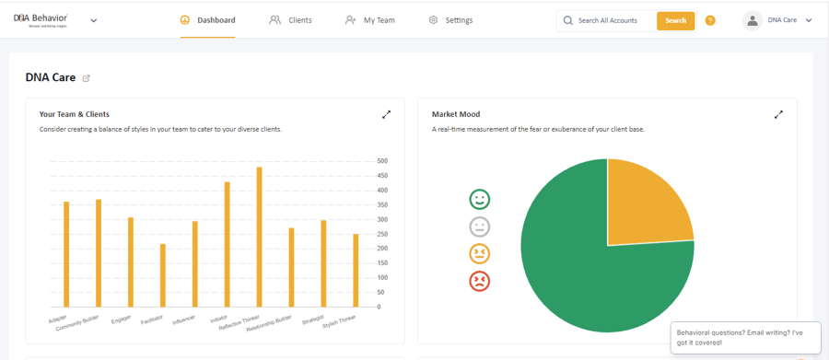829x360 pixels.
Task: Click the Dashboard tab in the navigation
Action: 207,20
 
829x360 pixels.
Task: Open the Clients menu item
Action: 290,20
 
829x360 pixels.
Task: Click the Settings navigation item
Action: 450,20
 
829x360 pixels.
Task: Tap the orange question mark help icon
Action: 710,20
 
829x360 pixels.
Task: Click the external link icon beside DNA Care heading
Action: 87,78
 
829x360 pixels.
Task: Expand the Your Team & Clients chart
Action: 387,114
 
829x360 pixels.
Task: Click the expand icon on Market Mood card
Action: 778,114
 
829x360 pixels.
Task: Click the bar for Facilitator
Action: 163,275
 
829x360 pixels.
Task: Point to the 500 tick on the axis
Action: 382,161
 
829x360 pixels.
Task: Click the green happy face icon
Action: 479,199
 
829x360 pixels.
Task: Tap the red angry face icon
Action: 479,281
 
